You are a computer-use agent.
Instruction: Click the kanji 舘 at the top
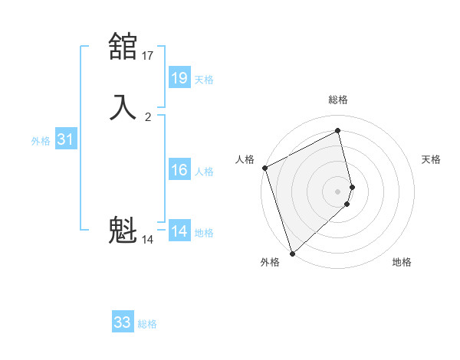click(123, 47)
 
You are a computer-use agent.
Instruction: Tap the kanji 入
click(123, 107)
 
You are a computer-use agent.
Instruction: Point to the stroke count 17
click(148, 56)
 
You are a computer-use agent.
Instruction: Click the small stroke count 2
click(148, 117)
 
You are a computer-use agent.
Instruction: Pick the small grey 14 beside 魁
click(148, 240)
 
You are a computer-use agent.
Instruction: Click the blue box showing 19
click(179, 78)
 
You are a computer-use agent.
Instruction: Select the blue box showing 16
click(179, 170)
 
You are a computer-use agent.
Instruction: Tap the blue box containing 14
click(179, 231)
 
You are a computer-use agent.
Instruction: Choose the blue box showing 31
click(65, 139)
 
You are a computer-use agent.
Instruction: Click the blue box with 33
click(123, 322)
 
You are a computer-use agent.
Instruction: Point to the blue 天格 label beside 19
click(204, 80)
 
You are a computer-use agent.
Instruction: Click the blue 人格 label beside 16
click(205, 172)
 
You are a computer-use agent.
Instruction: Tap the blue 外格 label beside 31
click(41, 141)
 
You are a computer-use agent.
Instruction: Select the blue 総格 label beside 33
click(147, 324)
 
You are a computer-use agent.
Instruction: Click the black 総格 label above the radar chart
click(338, 100)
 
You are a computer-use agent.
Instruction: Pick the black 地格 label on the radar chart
click(402, 262)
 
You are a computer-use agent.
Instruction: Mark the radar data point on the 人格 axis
click(264, 168)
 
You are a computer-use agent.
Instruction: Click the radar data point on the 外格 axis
click(291, 253)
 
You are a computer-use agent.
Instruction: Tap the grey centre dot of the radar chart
click(338, 191)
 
